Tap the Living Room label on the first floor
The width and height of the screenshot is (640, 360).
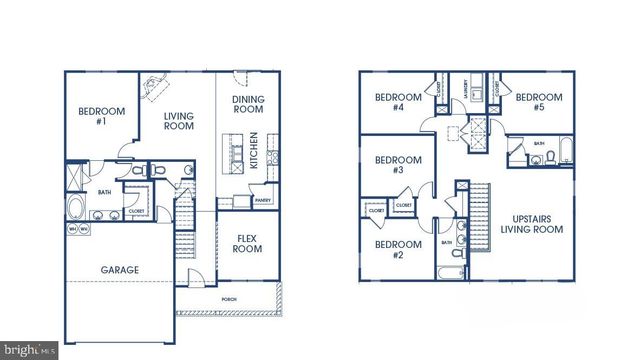(179, 123)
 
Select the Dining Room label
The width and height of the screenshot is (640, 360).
(247, 105)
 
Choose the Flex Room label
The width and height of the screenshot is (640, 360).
(248, 243)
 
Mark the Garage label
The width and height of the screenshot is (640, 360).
(119, 270)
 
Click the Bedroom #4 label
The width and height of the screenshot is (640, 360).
(389, 102)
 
